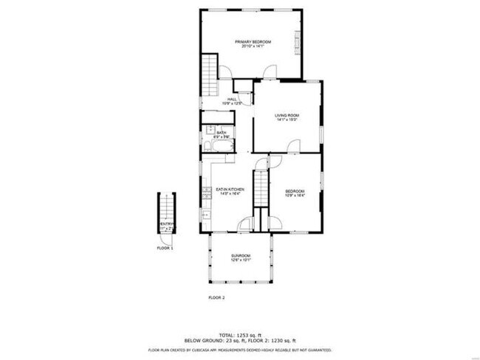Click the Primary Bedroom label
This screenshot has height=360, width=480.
point(253,42)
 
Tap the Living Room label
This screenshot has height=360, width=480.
point(287,115)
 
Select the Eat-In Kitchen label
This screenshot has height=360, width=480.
point(230,190)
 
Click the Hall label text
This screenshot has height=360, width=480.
point(232,99)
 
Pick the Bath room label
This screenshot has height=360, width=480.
point(222,133)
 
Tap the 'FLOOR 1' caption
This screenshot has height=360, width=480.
point(165,249)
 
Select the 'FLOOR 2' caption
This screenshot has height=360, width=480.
point(216,297)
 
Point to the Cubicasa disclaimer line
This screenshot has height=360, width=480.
point(240,350)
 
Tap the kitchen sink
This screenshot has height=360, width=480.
point(206,215)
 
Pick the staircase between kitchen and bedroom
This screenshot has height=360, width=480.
point(259,187)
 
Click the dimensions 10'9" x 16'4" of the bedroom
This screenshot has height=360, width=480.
point(295,195)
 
